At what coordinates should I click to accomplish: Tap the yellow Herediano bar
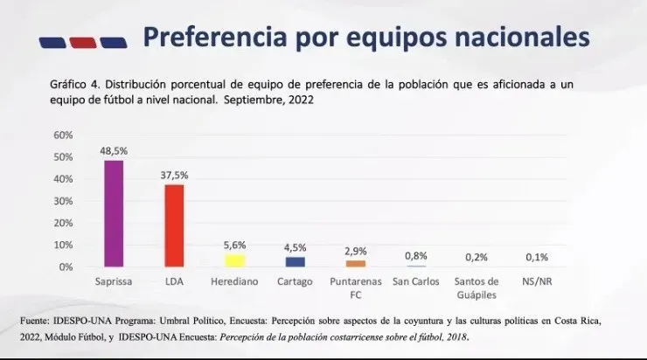click(x=234, y=260)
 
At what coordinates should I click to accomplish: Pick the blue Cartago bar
click(x=296, y=261)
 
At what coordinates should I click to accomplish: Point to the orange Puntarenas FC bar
click(x=356, y=263)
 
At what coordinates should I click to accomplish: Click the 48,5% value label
click(x=114, y=150)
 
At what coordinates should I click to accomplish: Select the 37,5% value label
click(x=174, y=175)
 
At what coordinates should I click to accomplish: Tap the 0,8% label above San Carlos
click(x=416, y=255)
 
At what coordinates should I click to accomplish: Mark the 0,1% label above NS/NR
click(x=538, y=257)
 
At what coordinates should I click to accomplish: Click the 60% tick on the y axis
click(x=64, y=135)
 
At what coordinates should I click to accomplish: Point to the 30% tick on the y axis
click(x=64, y=201)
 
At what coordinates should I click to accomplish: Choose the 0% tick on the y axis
click(x=66, y=267)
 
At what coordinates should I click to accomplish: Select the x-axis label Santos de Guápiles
click(x=477, y=287)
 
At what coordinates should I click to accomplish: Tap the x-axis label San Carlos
click(x=416, y=281)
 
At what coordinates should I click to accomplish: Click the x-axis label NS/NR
click(x=538, y=281)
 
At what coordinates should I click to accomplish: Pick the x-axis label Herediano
click(x=234, y=281)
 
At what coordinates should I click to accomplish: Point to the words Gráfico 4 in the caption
click(x=73, y=85)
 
